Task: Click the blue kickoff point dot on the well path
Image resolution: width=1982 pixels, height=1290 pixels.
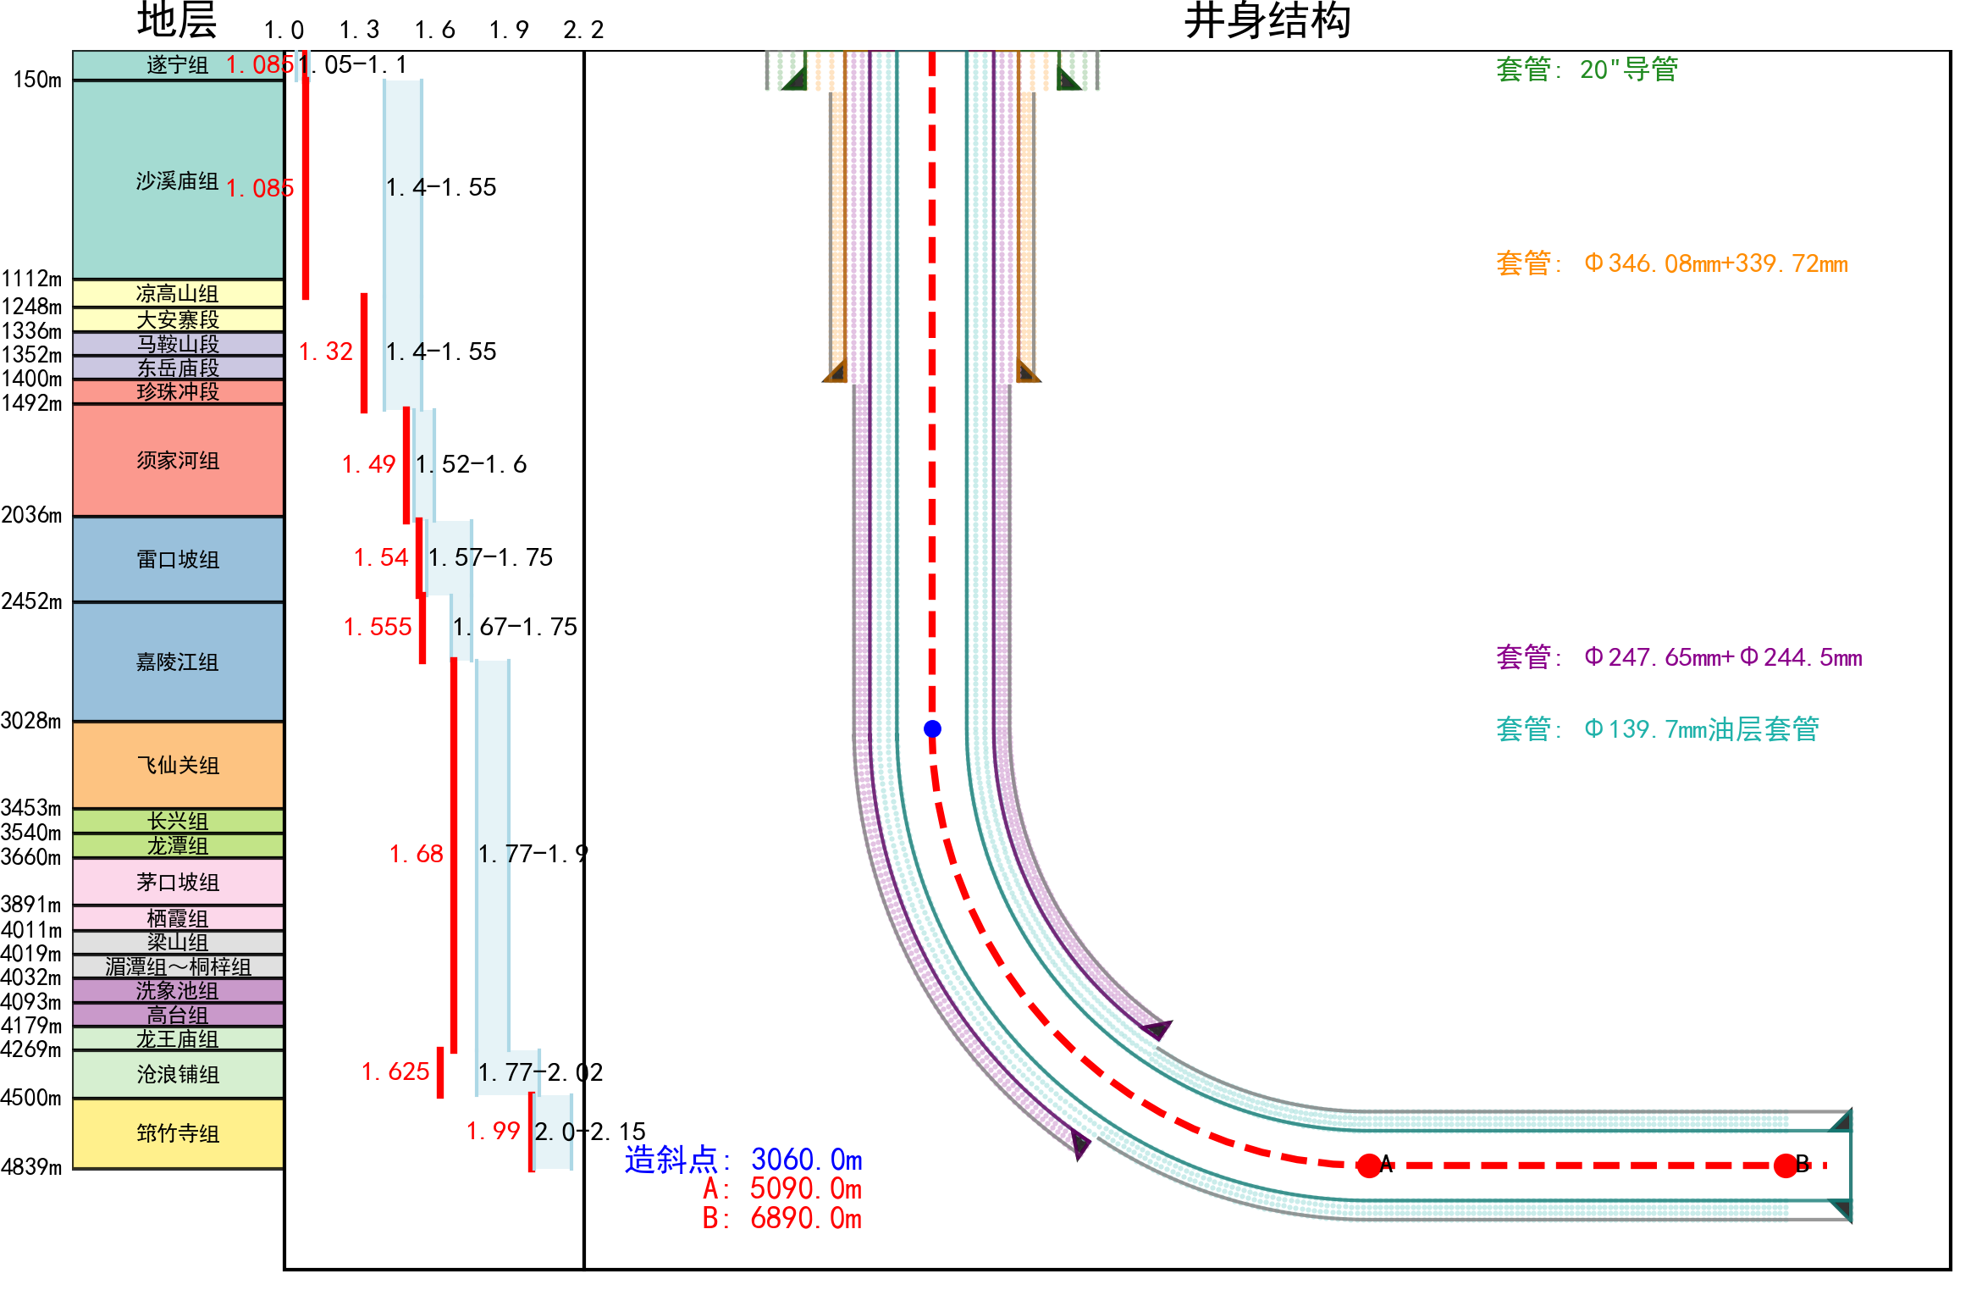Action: [932, 728]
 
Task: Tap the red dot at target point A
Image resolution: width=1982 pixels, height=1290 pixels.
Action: [1368, 1165]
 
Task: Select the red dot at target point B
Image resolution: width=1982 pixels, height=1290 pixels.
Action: [1786, 1165]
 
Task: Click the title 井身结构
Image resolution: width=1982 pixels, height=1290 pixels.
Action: [1267, 21]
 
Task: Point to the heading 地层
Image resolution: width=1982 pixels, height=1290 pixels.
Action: [177, 21]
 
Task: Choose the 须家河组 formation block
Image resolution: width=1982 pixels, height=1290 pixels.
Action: [178, 461]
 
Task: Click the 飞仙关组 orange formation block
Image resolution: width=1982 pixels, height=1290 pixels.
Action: [178, 765]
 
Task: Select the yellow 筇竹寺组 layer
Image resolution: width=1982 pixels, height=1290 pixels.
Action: [178, 1133]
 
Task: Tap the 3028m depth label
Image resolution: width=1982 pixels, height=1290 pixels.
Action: [31, 721]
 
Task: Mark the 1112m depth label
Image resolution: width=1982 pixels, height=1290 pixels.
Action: [31, 279]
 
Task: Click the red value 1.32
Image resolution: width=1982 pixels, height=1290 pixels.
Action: [326, 352]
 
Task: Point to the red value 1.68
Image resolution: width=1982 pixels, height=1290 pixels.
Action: [416, 854]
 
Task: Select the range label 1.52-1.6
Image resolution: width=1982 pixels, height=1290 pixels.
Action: [471, 464]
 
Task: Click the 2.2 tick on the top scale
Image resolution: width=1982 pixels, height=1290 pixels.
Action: [583, 30]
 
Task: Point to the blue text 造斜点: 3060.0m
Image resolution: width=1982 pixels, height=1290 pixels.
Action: [743, 1160]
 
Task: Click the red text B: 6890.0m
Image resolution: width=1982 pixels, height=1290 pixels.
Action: [781, 1218]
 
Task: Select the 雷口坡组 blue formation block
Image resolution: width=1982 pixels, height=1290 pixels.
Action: [178, 559]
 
